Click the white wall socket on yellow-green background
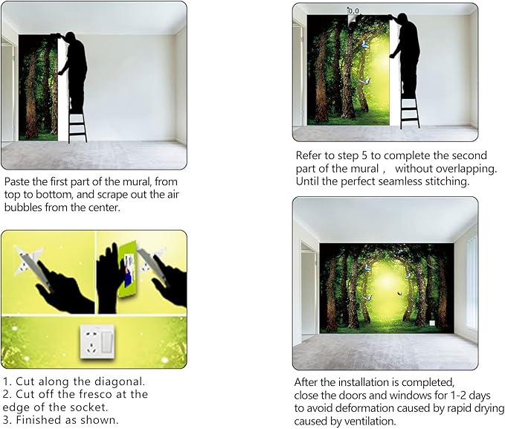(x=97, y=341)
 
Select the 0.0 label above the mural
(x=353, y=11)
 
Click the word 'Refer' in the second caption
(x=308, y=155)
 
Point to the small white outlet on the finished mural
(x=432, y=323)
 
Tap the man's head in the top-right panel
(x=402, y=19)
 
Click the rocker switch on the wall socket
(x=107, y=342)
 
